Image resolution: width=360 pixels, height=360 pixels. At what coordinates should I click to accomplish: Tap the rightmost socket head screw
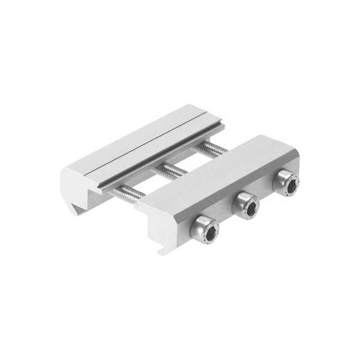point(286,184)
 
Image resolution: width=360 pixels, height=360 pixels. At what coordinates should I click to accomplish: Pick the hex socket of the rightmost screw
point(288,185)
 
